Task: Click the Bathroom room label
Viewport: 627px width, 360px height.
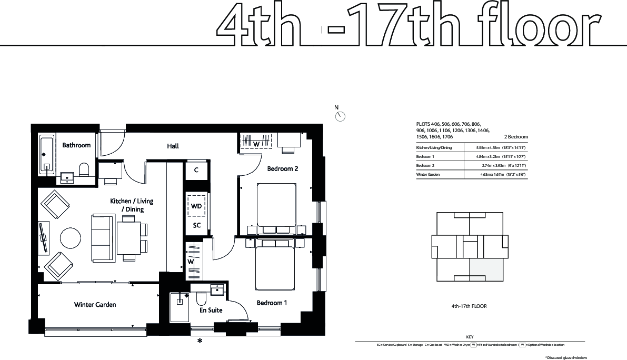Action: [76, 145]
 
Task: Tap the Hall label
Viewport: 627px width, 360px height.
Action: [173, 146]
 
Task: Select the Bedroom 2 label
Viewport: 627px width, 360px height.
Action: [282, 169]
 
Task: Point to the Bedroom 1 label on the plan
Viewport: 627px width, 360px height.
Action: [272, 303]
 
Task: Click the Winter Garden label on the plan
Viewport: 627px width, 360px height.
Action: [95, 305]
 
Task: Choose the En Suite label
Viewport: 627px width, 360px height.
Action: [211, 311]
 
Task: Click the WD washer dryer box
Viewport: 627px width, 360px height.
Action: [196, 206]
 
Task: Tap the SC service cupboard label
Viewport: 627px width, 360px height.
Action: [196, 225]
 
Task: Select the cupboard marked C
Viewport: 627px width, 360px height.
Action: [196, 170]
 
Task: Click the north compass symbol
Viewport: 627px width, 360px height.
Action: [340, 116]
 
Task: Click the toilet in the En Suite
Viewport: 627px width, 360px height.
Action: [201, 299]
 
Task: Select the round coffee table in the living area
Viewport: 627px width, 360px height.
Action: [71, 237]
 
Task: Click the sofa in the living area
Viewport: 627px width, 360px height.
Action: [101, 237]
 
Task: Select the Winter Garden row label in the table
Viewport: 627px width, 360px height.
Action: [427, 174]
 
